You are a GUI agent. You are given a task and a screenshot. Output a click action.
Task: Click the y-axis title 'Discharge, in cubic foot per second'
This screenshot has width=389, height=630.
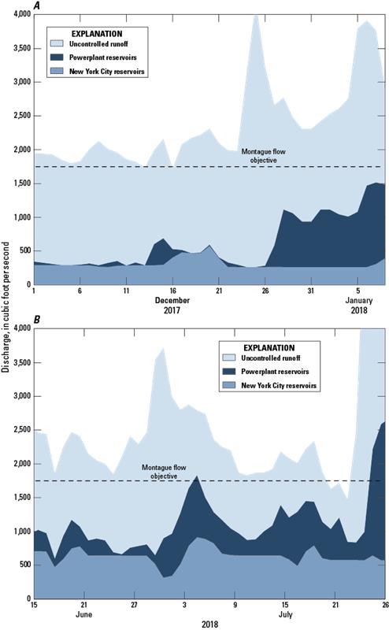point(7,315)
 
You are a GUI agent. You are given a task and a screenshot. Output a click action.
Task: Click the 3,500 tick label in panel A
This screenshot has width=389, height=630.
point(19,48)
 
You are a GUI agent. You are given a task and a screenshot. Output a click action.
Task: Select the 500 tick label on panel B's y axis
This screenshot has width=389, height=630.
point(22,565)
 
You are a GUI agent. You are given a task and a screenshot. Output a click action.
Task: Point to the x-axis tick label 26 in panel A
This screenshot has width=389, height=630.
point(265,291)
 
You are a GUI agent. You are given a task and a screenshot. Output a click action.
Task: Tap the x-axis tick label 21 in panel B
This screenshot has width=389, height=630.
point(336,606)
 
